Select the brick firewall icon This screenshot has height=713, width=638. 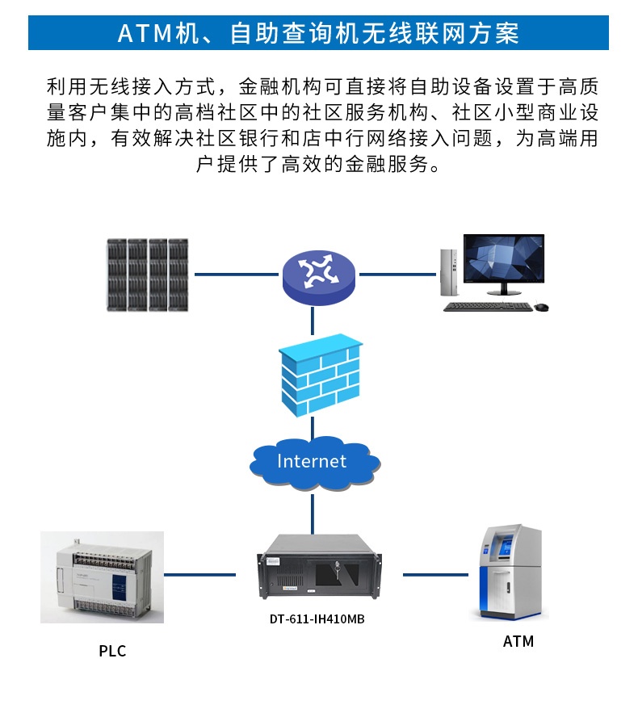click(x=319, y=375)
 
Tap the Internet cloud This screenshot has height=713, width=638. click(x=313, y=462)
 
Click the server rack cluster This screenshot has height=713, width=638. click(x=148, y=275)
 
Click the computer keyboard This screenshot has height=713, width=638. click(x=488, y=307)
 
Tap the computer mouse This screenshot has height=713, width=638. click(x=541, y=307)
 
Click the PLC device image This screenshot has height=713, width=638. click(x=103, y=577)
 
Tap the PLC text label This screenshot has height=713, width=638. click(x=112, y=651)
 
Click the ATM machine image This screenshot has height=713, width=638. click(x=510, y=572)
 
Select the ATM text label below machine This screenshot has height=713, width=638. click(x=518, y=642)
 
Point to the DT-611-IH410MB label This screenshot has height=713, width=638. click(x=312, y=620)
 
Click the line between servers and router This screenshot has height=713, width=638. click(x=235, y=275)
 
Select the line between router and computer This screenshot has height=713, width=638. click(x=395, y=275)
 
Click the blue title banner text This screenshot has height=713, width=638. click(x=318, y=33)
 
